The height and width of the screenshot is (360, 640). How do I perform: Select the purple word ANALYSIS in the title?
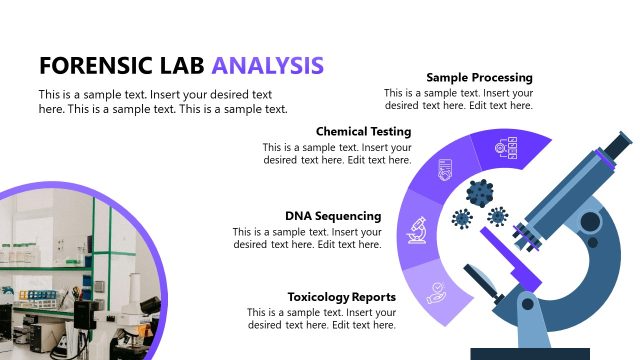pos(267,65)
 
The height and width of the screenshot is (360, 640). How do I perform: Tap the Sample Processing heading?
pos(479,77)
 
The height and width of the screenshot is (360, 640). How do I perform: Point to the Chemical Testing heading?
pos(363,131)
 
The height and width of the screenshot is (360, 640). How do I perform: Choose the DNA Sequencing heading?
pos(333,215)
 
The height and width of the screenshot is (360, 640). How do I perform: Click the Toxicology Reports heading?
pos(341,297)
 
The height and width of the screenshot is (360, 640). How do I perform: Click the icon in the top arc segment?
pos(506,150)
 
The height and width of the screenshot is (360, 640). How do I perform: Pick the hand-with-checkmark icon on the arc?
pos(437,292)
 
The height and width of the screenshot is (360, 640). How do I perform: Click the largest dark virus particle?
pos(480,190)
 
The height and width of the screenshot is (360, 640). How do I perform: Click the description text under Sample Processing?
pos(458,99)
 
